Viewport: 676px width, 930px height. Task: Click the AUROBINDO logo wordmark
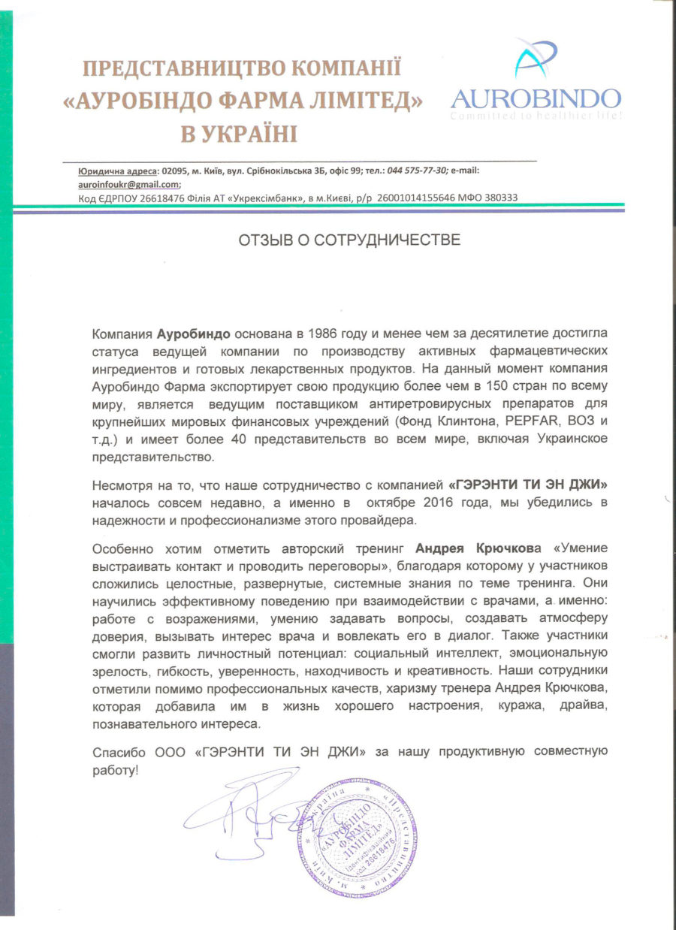pyautogui.click(x=536, y=98)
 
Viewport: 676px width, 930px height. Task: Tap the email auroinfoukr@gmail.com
pyautogui.click(x=129, y=184)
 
